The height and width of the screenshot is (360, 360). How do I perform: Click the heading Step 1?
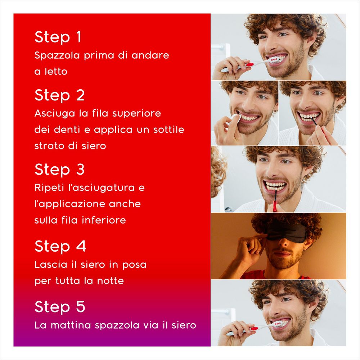(58, 37)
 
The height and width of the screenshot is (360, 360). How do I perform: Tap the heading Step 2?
(59, 95)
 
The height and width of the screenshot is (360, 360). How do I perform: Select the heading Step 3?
(59, 170)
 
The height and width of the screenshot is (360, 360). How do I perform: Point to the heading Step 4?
(60, 246)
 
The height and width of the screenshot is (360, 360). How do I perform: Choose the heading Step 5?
(60, 307)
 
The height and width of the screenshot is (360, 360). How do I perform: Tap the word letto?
(56, 72)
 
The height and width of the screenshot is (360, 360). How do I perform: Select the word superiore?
(137, 114)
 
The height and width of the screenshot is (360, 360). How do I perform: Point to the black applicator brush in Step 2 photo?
(317, 124)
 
